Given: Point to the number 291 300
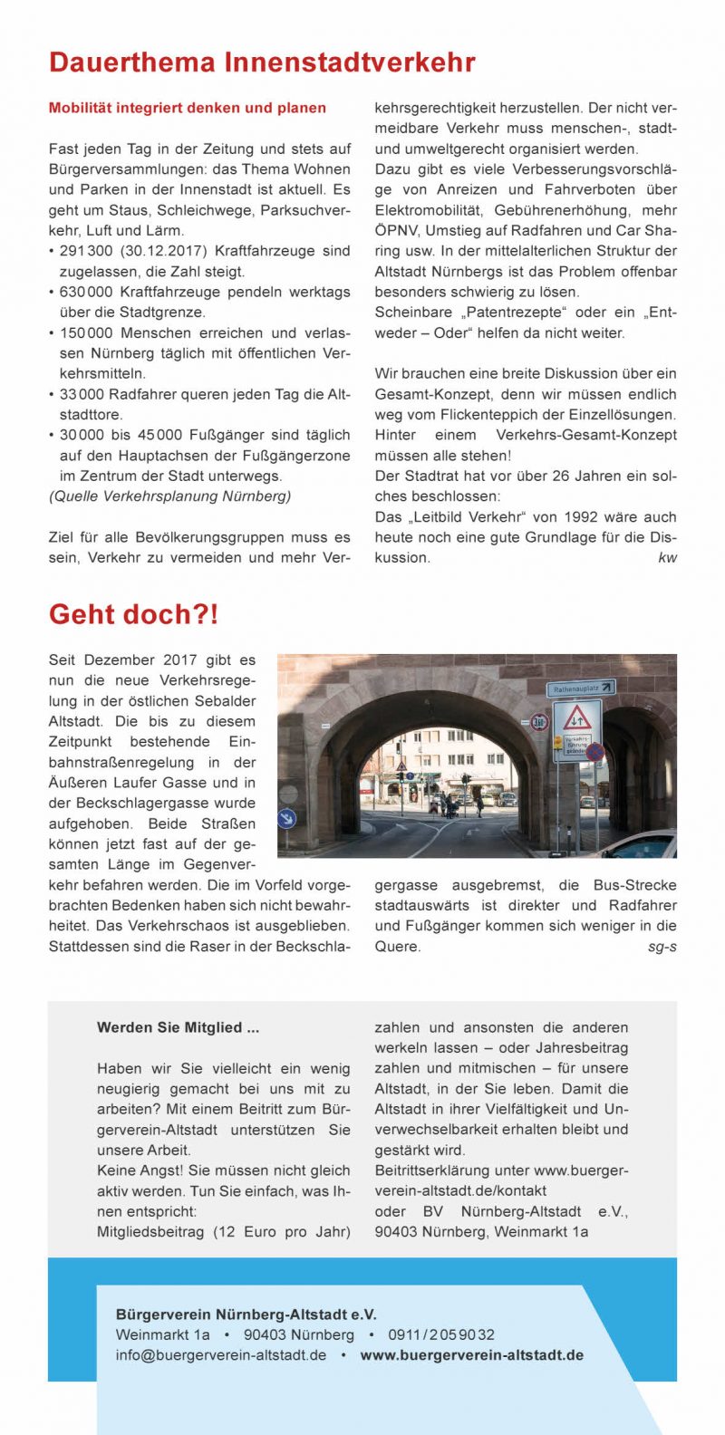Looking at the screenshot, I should [x=87, y=251].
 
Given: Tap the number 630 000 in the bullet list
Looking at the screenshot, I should [x=87, y=292].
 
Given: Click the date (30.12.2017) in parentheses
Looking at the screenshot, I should [x=163, y=251].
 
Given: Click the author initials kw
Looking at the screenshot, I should [x=667, y=558].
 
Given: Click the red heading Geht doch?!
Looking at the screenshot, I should [x=133, y=614].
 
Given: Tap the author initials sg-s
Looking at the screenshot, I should [x=662, y=947].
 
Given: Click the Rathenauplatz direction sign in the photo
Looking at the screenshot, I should [x=580, y=689].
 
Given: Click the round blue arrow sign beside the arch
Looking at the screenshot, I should [x=287, y=818].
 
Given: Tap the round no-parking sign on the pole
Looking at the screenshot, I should [x=595, y=752].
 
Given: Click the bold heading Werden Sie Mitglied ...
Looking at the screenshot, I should [x=178, y=1027].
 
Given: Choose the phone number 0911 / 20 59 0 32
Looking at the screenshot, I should [x=441, y=1334].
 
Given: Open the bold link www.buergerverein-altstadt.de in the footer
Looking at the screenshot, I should [x=471, y=1355].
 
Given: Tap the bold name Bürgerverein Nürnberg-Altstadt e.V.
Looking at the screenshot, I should [x=246, y=1315].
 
